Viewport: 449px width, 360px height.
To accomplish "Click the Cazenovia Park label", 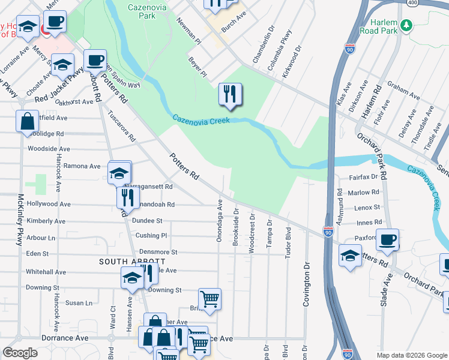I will click(142, 11).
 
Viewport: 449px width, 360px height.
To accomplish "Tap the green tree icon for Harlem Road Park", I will click(407, 25).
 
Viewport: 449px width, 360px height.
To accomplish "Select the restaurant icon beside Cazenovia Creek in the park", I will click(230, 94).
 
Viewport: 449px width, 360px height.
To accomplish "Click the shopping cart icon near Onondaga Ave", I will click(209, 299).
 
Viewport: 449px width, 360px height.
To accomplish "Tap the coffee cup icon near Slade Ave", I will click(387, 239).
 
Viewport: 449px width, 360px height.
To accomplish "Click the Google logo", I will click(20, 353).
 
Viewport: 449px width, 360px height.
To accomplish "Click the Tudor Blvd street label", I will click(287, 244).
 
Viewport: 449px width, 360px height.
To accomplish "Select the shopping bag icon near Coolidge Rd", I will click(28, 121).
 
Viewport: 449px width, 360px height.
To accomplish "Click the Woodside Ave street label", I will click(49, 149).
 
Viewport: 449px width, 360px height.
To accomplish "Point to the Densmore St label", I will click(158, 253).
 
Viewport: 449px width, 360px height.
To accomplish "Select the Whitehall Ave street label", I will click(46, 272).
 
